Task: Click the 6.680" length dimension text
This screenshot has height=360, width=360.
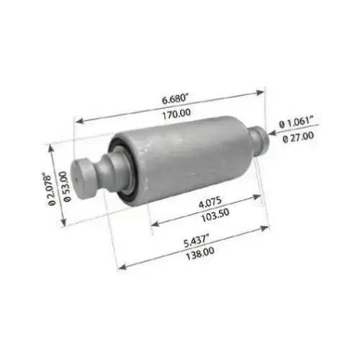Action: [174, 99]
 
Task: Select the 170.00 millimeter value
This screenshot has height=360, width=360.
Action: [176, 114]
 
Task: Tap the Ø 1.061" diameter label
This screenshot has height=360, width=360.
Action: [297, 122]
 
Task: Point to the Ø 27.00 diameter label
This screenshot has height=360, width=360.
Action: [298, 138]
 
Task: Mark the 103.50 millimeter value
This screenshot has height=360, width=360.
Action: [215, 215]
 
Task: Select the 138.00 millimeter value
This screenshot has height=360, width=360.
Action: [200, 253]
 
